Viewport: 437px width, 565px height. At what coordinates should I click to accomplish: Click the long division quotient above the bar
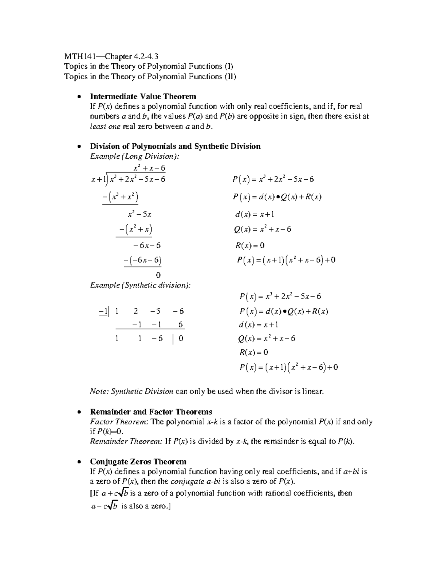click(149, 168)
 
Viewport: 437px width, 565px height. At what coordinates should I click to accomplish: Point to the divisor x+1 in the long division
click(98, 179)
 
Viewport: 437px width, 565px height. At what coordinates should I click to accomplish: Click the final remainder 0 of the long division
click(158, 275)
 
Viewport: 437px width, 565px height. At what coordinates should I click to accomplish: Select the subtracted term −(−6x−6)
click(142, 260)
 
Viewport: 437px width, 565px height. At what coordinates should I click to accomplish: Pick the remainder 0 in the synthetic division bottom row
click(181, 339)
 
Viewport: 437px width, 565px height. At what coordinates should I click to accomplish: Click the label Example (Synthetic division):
click(140, 285)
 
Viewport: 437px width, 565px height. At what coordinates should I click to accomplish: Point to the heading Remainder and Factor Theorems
click(151, 412)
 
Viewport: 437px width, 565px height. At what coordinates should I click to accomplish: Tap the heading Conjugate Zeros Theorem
click(138, 462)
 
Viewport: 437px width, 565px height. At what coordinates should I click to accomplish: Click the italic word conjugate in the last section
click(187, 482)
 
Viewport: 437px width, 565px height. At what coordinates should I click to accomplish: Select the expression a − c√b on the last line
click(104, 506)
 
